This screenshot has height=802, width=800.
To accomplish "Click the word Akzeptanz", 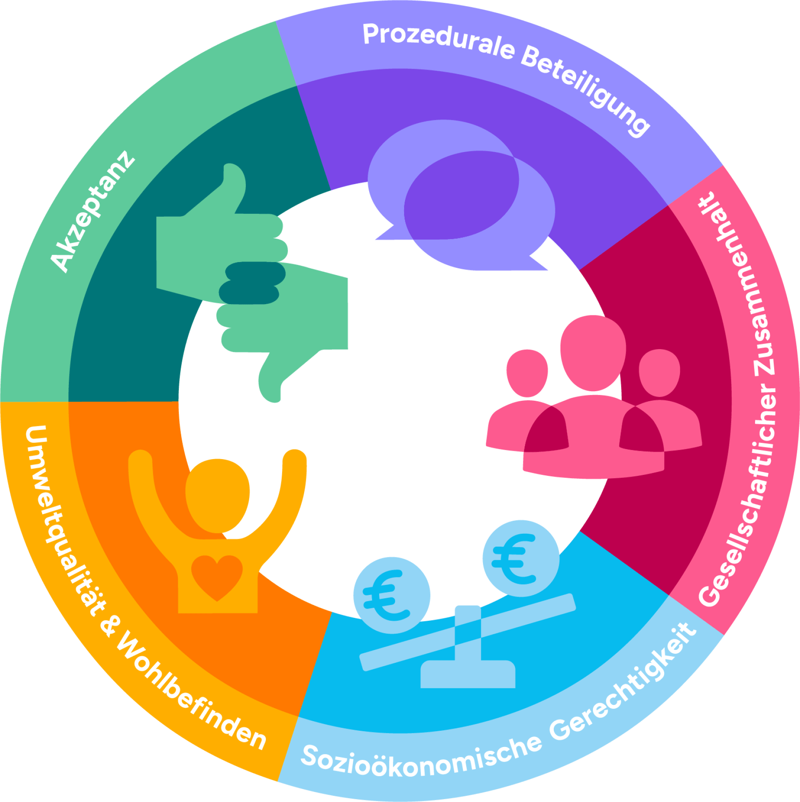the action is click(92, 212).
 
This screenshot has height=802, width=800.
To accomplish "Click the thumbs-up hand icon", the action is click(222, 233).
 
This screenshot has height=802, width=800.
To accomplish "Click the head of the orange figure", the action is click(217, 496).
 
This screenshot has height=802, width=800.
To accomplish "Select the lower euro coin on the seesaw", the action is click(392, 596).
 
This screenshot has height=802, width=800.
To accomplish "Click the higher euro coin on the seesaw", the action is click(521, 559).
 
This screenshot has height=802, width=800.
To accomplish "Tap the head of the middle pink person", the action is click(593, 353).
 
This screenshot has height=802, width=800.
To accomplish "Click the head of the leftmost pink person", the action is click(527, 373).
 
